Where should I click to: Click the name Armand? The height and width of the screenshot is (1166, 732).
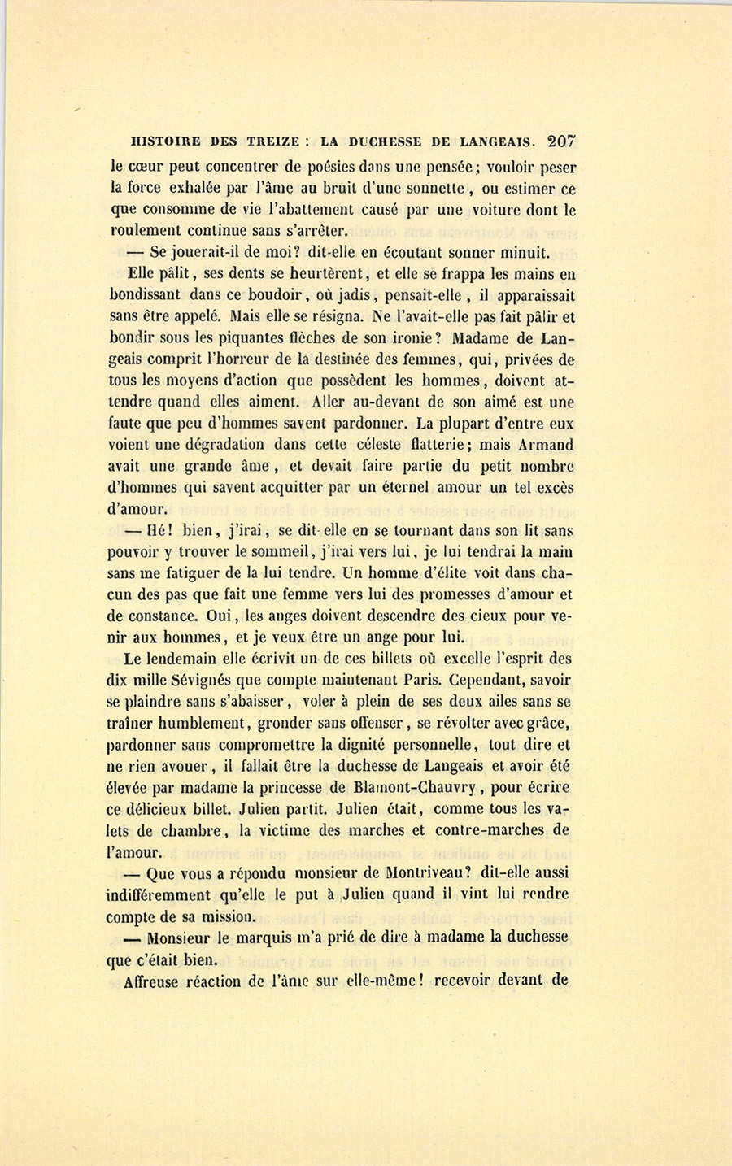coord(547,445)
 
